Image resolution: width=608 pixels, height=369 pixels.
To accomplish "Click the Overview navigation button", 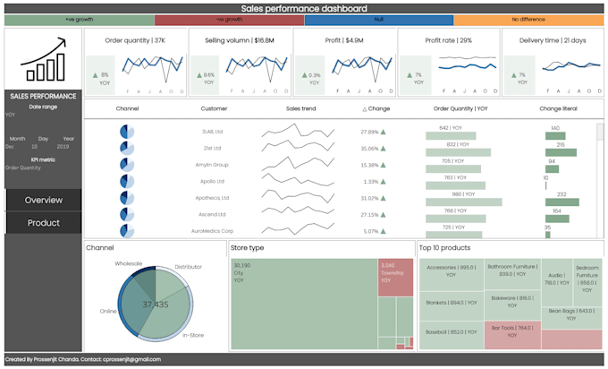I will point(43,200).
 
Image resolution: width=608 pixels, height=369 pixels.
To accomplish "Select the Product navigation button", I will point(43,223).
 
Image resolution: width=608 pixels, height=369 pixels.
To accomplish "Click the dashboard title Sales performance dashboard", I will point(303,8).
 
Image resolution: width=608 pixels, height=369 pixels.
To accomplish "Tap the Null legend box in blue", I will point(379,20).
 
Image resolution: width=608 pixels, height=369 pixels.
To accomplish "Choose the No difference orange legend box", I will point(528,20).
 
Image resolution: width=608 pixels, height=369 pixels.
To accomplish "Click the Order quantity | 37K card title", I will point(135,40).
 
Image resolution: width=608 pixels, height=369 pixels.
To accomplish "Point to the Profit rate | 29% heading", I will point(448,40).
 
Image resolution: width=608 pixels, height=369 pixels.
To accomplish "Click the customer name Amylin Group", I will point(212,165).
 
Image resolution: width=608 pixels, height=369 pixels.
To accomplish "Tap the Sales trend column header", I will point(300,108).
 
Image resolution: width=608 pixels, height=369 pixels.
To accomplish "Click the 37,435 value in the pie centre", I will point(156,305).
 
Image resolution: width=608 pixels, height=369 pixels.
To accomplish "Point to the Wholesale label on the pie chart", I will point(129,264).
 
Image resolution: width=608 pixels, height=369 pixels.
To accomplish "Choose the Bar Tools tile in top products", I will point(512,332).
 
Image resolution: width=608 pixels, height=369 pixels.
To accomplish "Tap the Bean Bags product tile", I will point(572,314).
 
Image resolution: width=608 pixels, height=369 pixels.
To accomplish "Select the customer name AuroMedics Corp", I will point(211,231).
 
